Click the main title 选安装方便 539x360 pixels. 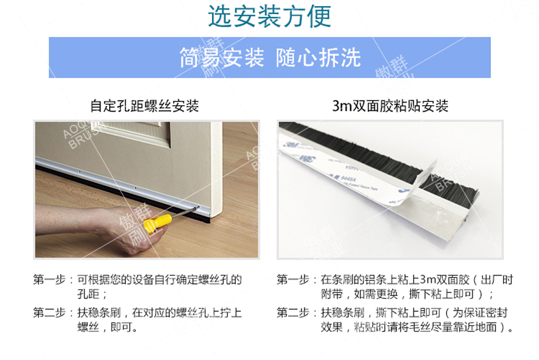[x=269, y=16]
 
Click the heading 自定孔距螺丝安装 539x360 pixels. [x=144, y=106]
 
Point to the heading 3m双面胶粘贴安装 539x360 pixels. [x=390, y=106]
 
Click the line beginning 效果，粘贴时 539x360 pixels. [x=414, y=328]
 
